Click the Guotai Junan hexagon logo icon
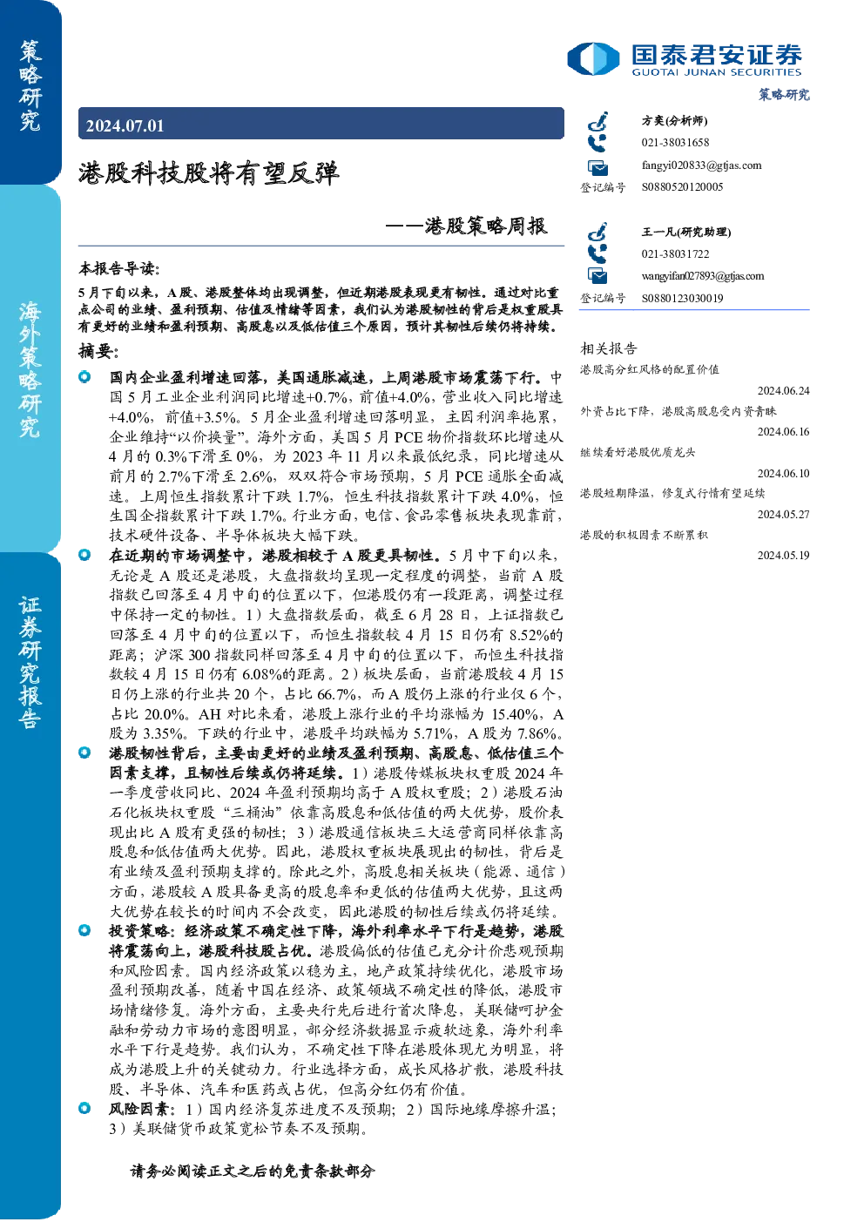593,58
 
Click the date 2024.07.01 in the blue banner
125,125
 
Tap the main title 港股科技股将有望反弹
209,173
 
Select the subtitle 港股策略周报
485,226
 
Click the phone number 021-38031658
675,142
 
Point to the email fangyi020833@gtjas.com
701,165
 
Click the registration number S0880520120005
682,187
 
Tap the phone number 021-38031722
675,253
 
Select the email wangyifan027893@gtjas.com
703,276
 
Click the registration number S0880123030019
682,299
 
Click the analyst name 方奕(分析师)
674,120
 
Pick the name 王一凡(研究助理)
686,232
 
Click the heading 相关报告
608,348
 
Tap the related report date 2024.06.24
783,390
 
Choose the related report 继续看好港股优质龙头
638,452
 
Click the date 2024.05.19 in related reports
783,556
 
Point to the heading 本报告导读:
119,268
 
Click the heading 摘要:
98,350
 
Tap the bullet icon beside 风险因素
84,1108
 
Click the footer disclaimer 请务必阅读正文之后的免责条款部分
253,1171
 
